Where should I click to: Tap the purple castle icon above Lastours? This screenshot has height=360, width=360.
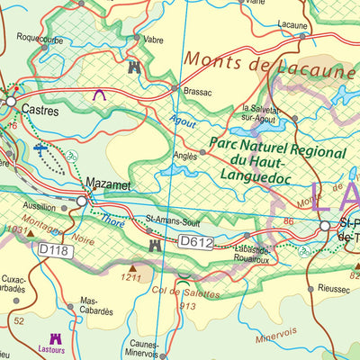click(x=56, y=339)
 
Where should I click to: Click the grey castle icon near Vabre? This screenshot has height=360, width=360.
click(x=135, y=67)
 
